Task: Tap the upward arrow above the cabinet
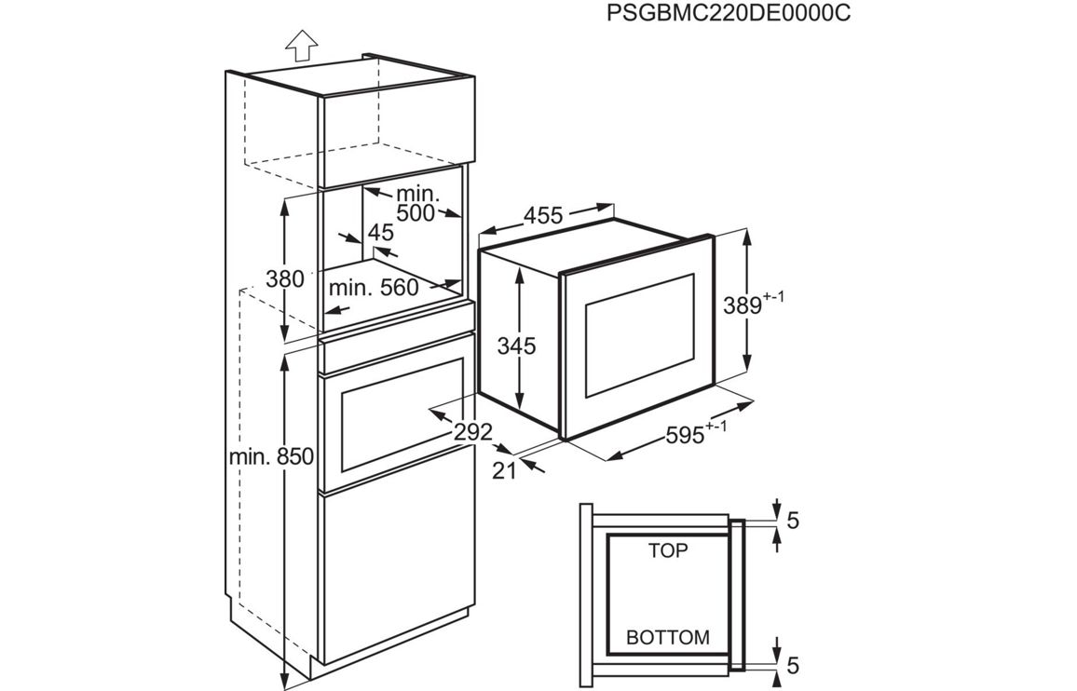coord(301,46)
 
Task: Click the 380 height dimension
coord(285,278)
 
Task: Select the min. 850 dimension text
coord(272,457)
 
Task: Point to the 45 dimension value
coord(380,232)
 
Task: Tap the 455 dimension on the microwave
coord(542,216)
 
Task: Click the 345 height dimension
coord(516,346)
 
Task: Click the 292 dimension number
coord(473,432)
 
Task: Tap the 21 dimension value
coord(504,471)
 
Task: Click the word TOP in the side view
coord(667,551)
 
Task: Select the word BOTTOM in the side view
coord(667,638)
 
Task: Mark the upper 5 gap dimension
coord(792,521)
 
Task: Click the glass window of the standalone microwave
coord(640,333)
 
